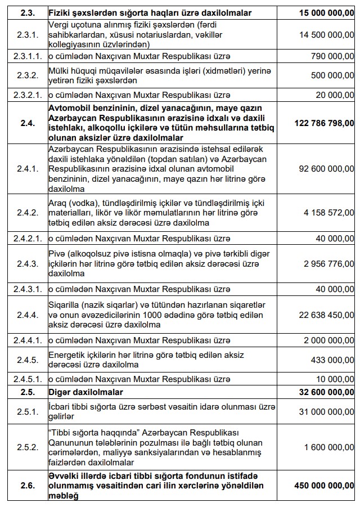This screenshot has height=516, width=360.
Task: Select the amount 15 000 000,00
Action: pyautogui.click(x=320, y=12)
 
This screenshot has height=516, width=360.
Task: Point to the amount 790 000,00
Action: pyautogui.click(x=331, y=57)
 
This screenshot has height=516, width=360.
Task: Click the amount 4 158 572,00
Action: pyautogui.click(x=326, y=213)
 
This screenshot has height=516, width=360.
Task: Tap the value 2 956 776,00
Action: pyautogui.click(x=326, y=263)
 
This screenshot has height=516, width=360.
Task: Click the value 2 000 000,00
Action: pyautogui.click(x=326, y=340)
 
